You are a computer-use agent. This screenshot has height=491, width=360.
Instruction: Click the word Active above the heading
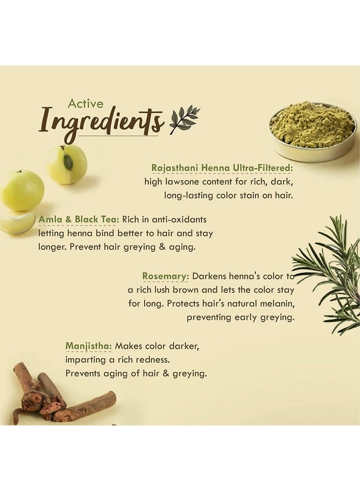(86, 104)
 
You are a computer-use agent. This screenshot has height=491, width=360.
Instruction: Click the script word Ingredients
(101, 123)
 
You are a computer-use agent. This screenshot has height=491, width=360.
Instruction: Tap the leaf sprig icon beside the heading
(184, 120)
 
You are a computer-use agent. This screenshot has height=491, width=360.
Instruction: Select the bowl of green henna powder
(313, 131)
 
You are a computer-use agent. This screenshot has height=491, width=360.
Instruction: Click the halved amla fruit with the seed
(67, 164)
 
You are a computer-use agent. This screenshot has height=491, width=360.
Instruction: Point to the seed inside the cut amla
(68, 161)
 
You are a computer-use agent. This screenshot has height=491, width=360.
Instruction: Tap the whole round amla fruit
(22, 190)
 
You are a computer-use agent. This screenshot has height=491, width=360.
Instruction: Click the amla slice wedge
(17, 223)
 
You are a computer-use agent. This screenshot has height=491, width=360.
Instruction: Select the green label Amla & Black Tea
(79, 219)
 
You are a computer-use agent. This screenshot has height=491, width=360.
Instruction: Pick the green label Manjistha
(88, 346)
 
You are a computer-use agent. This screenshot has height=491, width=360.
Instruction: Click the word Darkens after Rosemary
(209, 276)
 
